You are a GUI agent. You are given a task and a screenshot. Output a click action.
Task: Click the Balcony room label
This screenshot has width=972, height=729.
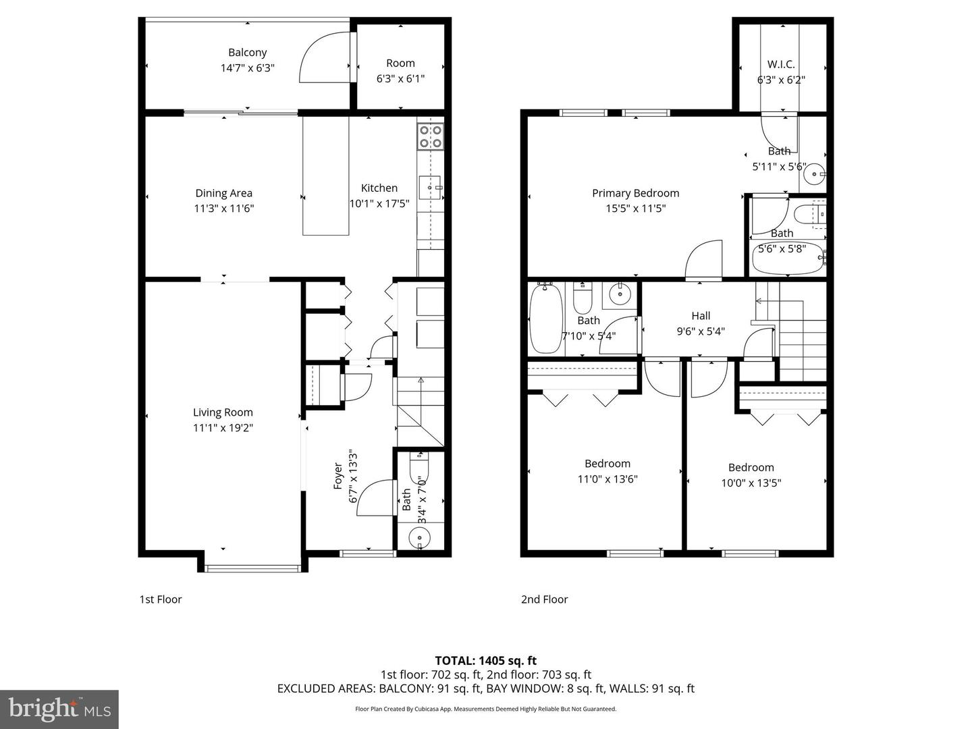coord(247,53)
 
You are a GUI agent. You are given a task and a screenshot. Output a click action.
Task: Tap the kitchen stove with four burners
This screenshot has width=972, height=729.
coord(430,136)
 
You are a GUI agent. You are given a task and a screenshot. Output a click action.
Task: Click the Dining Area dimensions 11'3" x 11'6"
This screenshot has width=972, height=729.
coord(223,209)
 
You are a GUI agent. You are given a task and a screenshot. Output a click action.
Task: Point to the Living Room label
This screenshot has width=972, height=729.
coord(223,412)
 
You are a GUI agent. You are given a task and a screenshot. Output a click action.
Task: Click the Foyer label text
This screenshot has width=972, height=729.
coord(338,476)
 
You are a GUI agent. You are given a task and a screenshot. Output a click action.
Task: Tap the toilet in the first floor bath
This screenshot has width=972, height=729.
coord(419,465)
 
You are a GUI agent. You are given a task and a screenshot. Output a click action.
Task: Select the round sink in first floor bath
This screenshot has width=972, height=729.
coord(420,537)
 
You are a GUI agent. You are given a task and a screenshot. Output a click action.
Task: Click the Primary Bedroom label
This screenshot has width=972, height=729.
coord(635,193)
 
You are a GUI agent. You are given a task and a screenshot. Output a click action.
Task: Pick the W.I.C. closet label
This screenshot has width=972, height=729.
coord(780,65)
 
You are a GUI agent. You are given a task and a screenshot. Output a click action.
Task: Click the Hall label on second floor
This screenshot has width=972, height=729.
coord(701,316)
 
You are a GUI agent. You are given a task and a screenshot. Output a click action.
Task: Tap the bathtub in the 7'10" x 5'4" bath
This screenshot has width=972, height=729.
coord(545,319)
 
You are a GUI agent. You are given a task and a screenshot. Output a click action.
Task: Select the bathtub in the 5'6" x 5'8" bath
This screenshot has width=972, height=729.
coord(788,259)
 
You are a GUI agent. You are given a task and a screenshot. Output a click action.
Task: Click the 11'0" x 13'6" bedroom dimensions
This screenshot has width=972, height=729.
coord(607,479)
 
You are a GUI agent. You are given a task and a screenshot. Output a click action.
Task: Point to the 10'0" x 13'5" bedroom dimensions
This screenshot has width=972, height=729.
coord(751,483)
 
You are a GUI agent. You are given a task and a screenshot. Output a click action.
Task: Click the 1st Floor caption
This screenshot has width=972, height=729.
coord(161,599)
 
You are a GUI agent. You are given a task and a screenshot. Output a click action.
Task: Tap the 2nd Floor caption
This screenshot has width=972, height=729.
coord(544,599)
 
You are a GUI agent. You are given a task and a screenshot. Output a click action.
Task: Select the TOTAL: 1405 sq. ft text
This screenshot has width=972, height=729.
coord(485,661)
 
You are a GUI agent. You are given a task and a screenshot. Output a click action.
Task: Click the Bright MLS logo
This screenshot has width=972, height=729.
coord(59,709)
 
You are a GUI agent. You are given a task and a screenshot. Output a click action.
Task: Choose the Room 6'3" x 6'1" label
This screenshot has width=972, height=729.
coord(400,71)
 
